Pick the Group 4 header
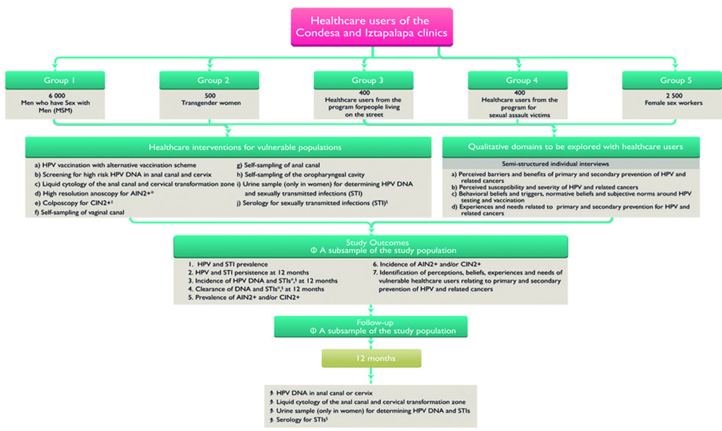click(x=516, y=80)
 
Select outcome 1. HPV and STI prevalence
click(x=221, y=263)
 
